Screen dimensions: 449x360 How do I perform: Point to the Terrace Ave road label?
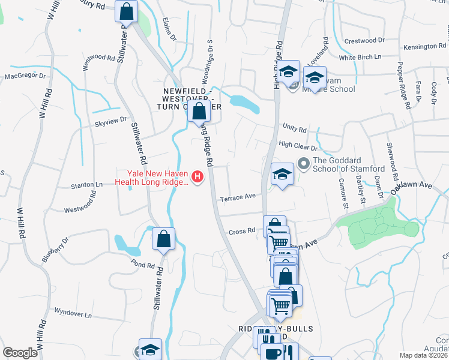(238, 197)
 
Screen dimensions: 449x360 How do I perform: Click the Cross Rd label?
(242, 232)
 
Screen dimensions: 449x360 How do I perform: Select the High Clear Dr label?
(298, 145)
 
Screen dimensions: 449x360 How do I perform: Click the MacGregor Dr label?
(25, 76)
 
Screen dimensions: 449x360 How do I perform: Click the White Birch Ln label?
(360, 58)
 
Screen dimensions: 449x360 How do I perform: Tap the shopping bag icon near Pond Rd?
(163, 239)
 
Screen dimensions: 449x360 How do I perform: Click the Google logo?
(20, 353)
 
